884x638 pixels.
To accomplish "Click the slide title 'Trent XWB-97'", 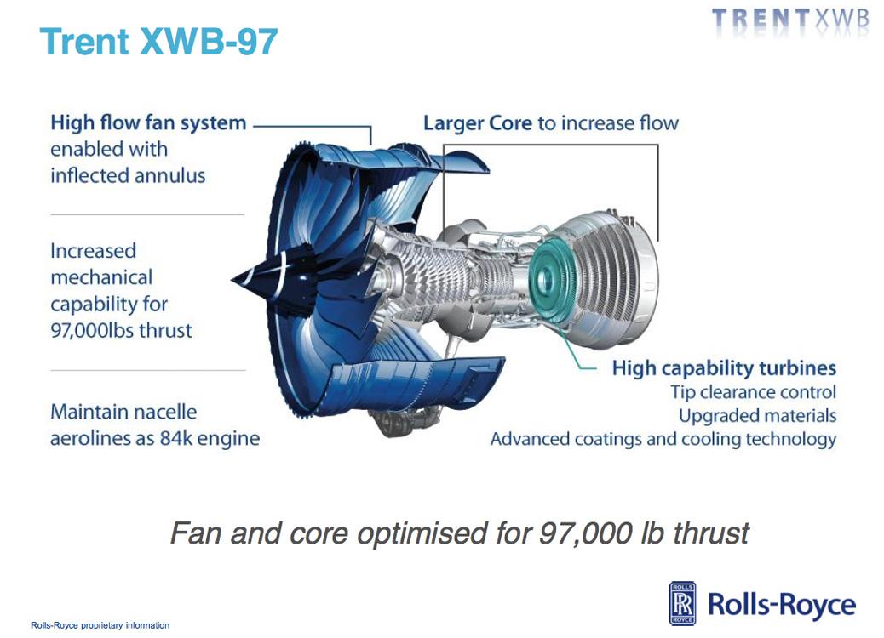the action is pos(158,41).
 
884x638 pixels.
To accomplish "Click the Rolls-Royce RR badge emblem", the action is pos(682,603).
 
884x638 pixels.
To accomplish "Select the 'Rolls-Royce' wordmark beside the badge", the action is pos(782,604).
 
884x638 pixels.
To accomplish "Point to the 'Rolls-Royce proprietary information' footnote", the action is pos(100,625).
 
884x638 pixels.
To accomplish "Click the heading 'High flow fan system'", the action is pos(148,122).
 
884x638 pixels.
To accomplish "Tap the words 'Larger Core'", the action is pos(478,123).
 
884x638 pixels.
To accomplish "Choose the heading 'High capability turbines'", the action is pos(724,368).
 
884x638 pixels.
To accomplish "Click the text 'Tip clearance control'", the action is pos(753,392).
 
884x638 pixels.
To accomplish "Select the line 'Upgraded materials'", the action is pos(758,416).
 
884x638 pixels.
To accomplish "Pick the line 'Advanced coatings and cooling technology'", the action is pos(663,439).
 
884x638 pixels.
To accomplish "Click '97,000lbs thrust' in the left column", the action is pos(121,330).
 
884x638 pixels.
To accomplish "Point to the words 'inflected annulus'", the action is pos(128,176).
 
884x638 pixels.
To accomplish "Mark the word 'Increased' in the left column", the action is pos(93,251).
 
